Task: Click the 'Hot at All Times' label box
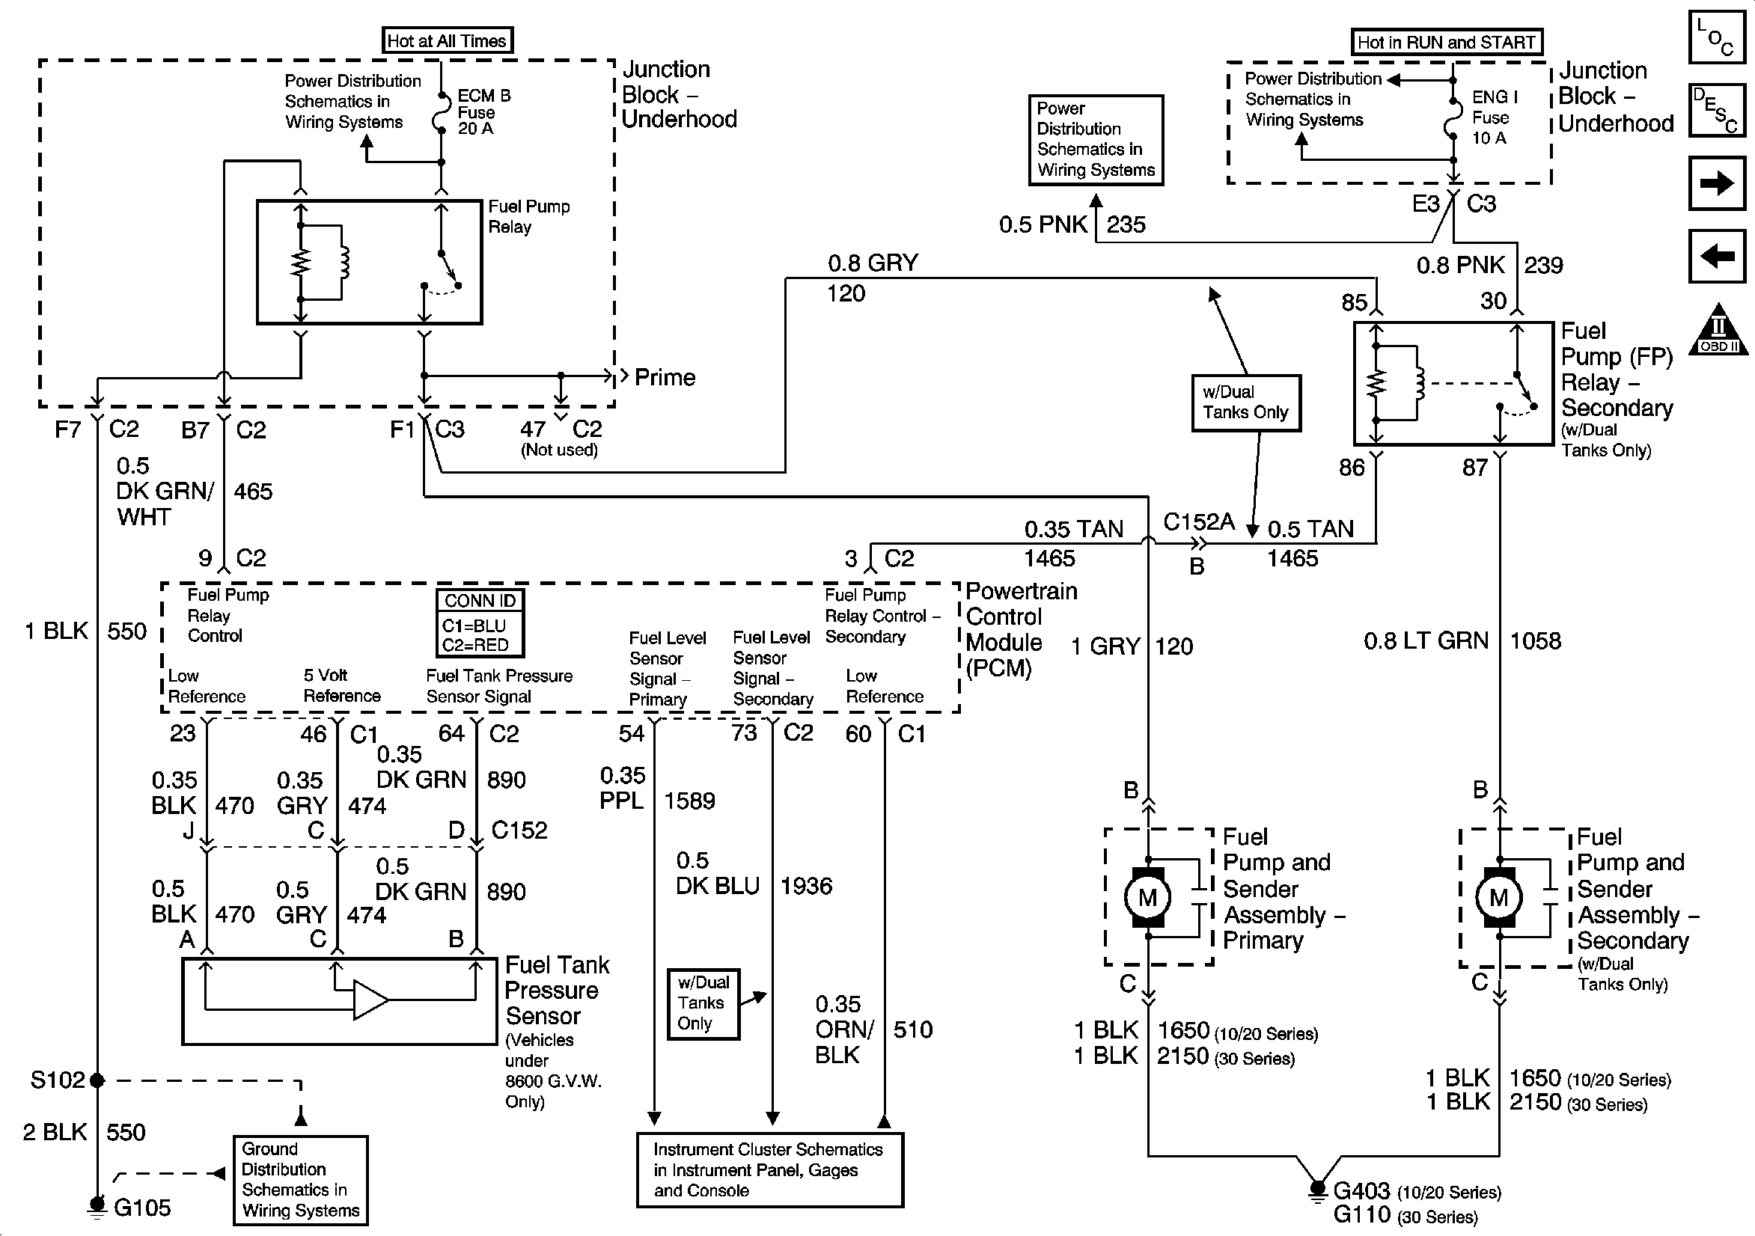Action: pos(447,40)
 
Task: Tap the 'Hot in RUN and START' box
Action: pos(1446,42)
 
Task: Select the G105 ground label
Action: pos(141,1208)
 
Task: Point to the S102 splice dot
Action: pos(97,1080)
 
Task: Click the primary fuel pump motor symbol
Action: pos(1147,897)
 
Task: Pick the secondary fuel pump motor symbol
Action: pos(1499,897)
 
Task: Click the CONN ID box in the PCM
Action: pos(480,623)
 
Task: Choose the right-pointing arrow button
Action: pos(1718,183)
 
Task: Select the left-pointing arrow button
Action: pos(1718,255)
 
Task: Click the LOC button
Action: pos(1717,36)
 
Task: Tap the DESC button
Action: pos(1717,109)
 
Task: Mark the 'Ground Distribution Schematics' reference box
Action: pos(300,1179)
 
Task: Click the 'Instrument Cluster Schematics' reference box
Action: pos(769,1169)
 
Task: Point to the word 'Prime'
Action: pos(665,378)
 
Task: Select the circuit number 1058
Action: pos(1535,640)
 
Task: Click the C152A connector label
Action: pos(1198,522)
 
